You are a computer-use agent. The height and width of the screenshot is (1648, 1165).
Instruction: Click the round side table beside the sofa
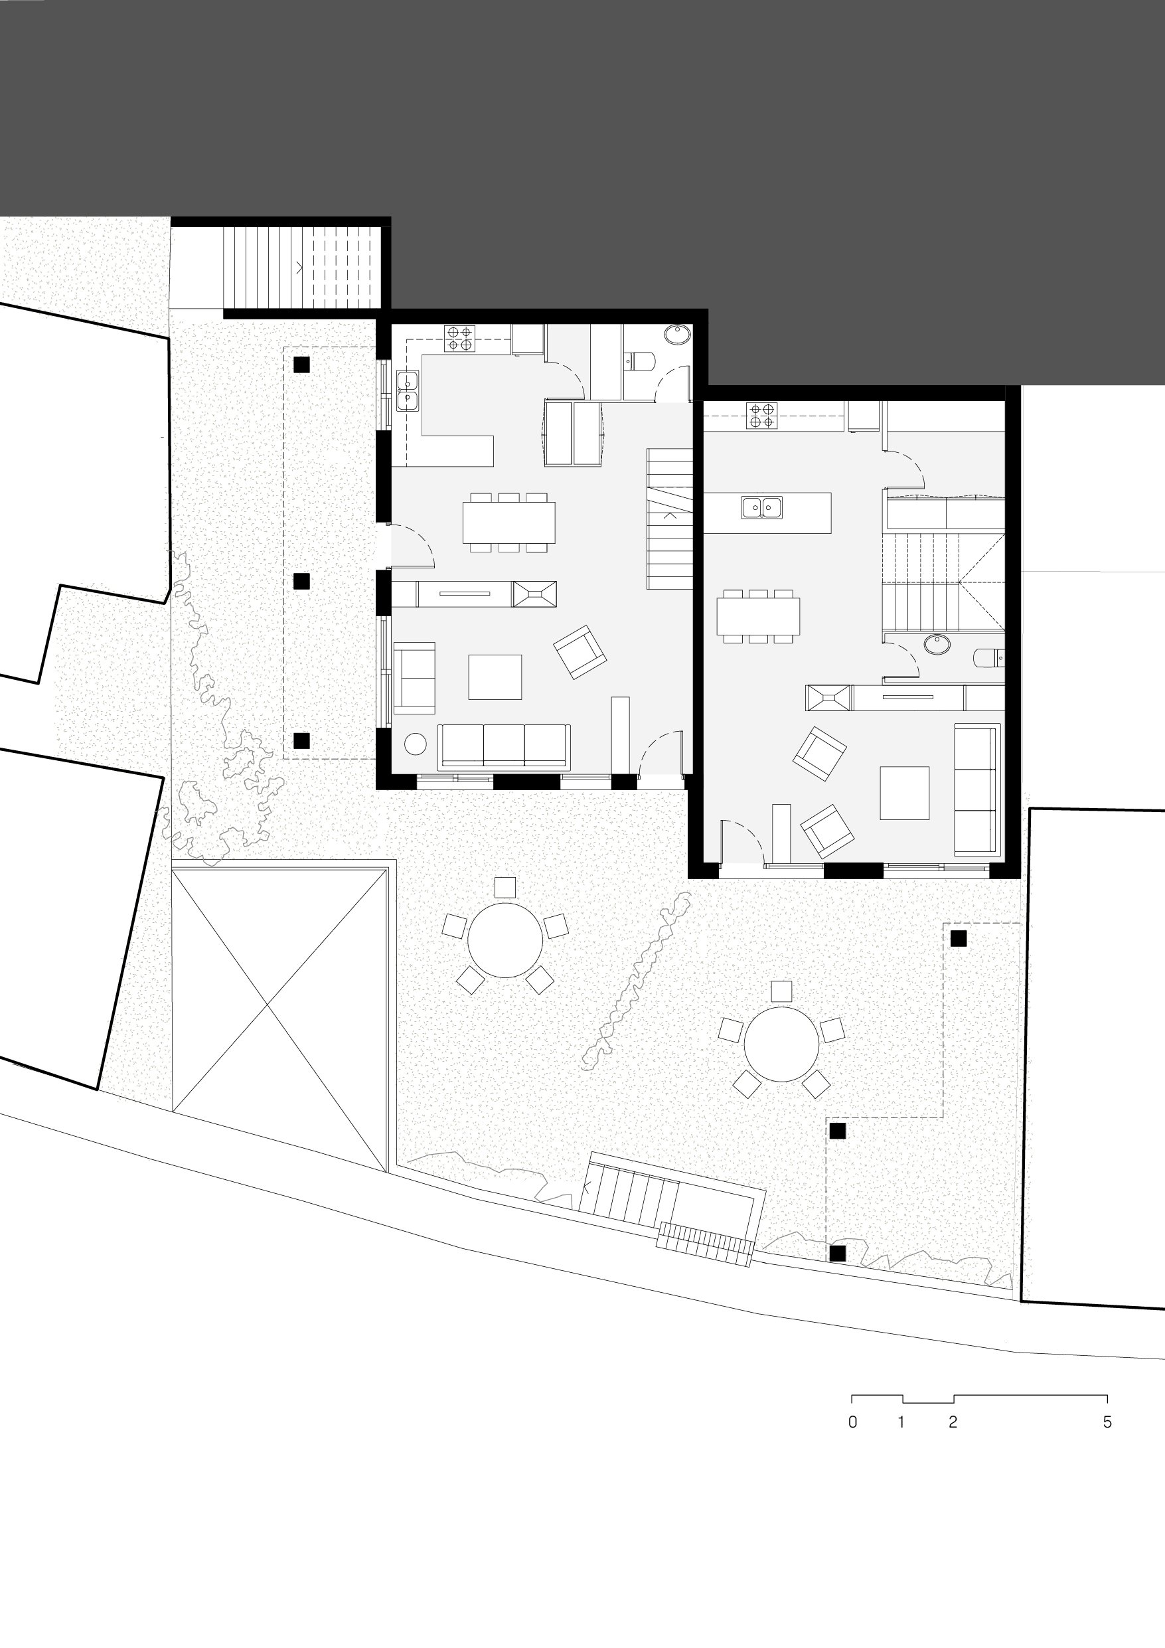pyautogui.click(x=416, y=744)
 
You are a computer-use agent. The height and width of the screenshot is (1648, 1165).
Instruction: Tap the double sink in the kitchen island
pyautogui.click(x=761, y=507)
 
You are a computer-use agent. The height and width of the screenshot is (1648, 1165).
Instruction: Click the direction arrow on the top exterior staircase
pyautogui.click(x=300, y=268)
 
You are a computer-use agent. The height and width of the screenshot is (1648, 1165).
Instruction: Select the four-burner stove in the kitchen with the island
pyautogui.click(x=761, y=416)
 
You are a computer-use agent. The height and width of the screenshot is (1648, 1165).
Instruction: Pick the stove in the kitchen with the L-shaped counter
pyautogui.click(x=459, y=338)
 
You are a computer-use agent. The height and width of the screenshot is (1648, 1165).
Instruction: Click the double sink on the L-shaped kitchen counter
pyautogui.click(x=408, y=390)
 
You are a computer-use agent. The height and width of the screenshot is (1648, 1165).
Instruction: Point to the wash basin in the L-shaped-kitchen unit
pyautogui.click(x=677, y=335)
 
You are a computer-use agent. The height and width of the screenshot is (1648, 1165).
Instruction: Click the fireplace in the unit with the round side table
pyautogui.click(x=534, y=594)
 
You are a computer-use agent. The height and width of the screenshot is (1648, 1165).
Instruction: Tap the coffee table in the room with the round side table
pyautogui.click(x=495, y=677)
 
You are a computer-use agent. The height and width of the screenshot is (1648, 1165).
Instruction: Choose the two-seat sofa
pyautogui.click(x=414, y=677)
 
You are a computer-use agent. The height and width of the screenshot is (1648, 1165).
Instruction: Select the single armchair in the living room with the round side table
pyautogui.click(x=580, y=652)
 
